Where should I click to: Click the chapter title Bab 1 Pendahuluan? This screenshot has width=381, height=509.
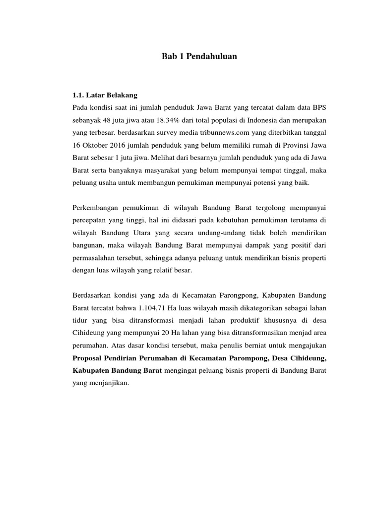(x=199, y=57)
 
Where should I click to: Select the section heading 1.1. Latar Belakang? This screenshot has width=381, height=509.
(x=105, y=93)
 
